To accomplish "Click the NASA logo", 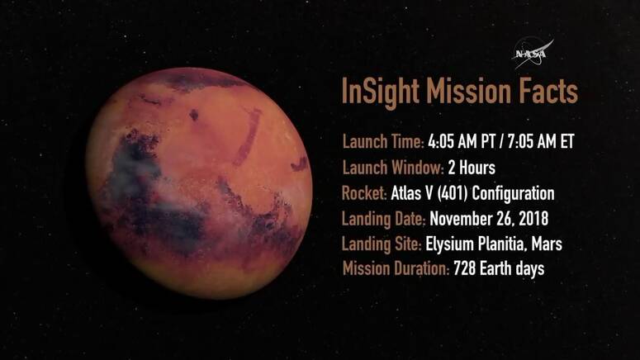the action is tap(533, 53).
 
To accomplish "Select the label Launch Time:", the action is tap(383, 142).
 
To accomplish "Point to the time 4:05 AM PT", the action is tap(462, 142).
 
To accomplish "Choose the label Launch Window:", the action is tap(392, 168).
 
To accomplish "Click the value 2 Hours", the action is tap(472, 168).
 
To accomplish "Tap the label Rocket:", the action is tap(364, 193).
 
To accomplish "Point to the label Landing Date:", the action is tap(384, 219).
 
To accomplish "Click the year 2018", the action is tap(533, 219).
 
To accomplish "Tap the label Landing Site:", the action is tap(382, 244).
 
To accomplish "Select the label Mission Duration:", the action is tap(396, 268).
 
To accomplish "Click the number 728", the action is tap(464, 268).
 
